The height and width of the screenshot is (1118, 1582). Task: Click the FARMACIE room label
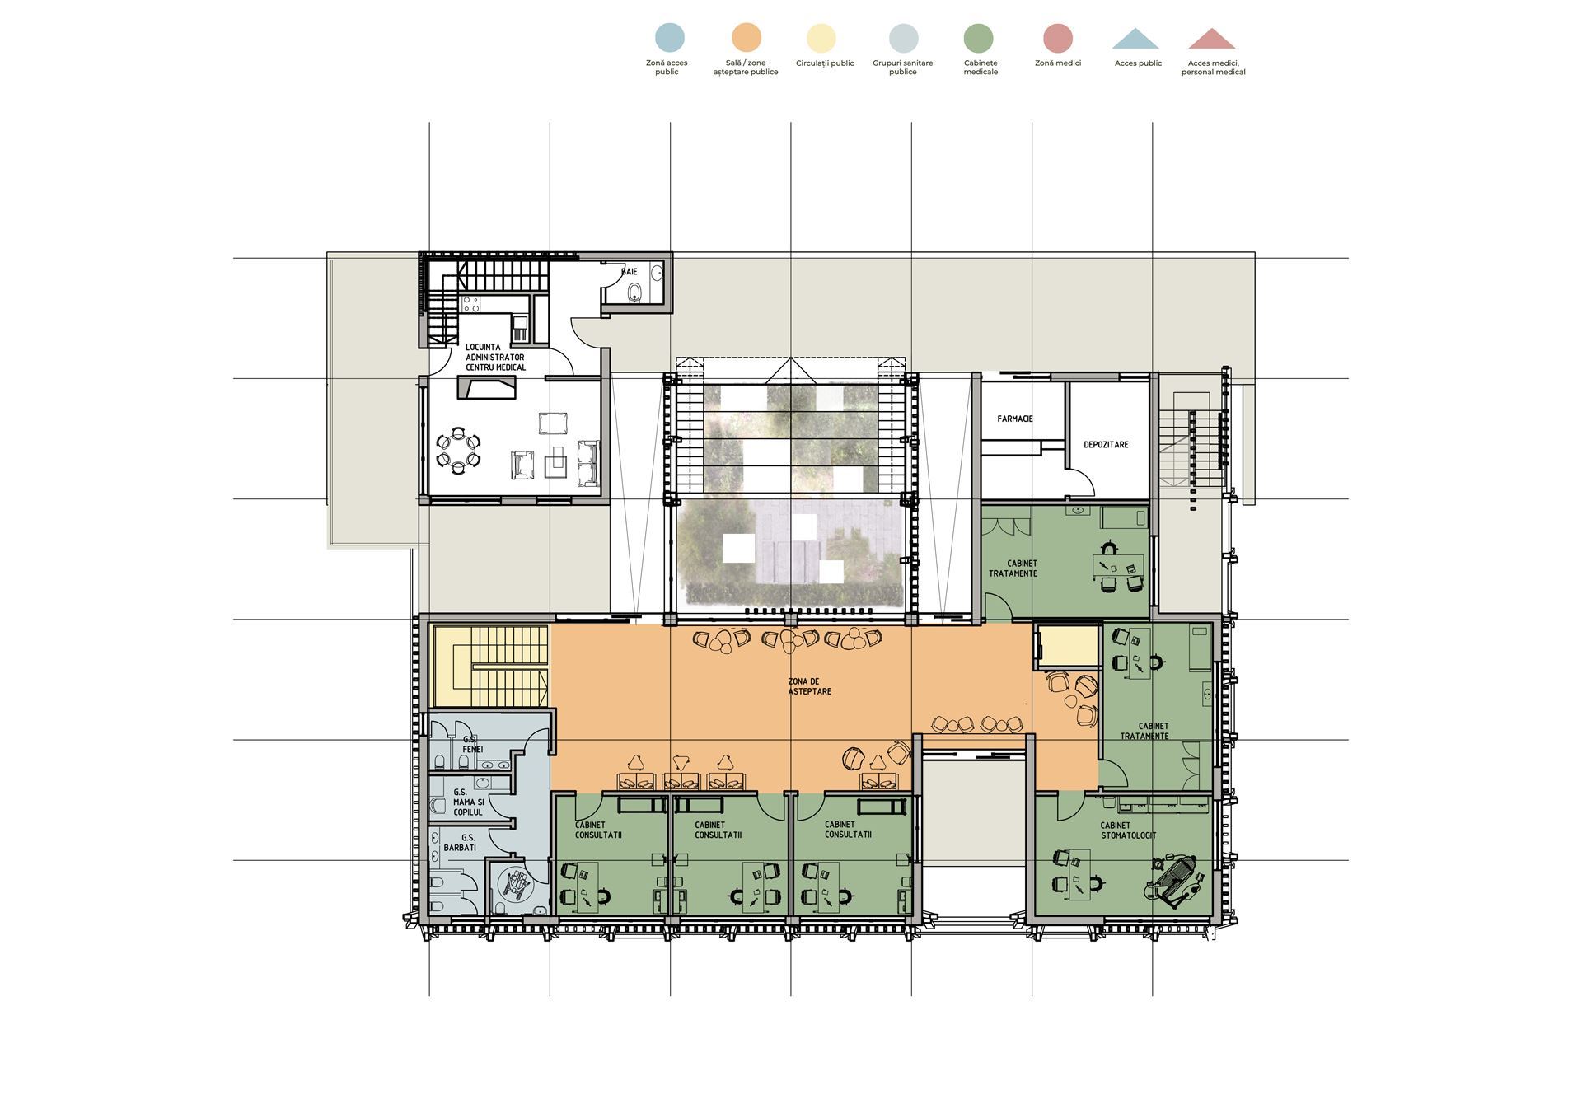[1014, 419]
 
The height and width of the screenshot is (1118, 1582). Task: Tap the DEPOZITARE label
[1106, 445]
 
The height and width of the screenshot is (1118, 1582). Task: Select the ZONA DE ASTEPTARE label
[809, 686]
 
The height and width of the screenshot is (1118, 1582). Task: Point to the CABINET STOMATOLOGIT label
[1128, 830]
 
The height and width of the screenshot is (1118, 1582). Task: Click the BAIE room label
[630, 271]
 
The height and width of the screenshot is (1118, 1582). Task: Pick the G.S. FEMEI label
[472, 745]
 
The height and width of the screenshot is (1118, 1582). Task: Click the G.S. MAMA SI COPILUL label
[468, 802]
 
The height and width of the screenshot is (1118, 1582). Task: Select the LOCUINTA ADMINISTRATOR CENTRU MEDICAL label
[495, 358]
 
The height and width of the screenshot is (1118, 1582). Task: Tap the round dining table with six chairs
[457, 450]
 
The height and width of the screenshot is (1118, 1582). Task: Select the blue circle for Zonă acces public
[669, 38]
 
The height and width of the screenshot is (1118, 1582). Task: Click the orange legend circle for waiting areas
[747, 38]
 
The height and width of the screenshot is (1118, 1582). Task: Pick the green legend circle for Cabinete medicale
[979, 38]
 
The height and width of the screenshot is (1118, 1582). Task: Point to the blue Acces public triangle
[1135, 40]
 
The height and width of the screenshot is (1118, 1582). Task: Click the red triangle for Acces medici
[1212, 40]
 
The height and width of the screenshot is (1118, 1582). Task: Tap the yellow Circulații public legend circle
[821, 38]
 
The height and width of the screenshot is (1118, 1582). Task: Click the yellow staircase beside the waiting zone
[490, 666]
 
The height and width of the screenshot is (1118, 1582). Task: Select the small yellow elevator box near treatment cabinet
[1069, 646]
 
